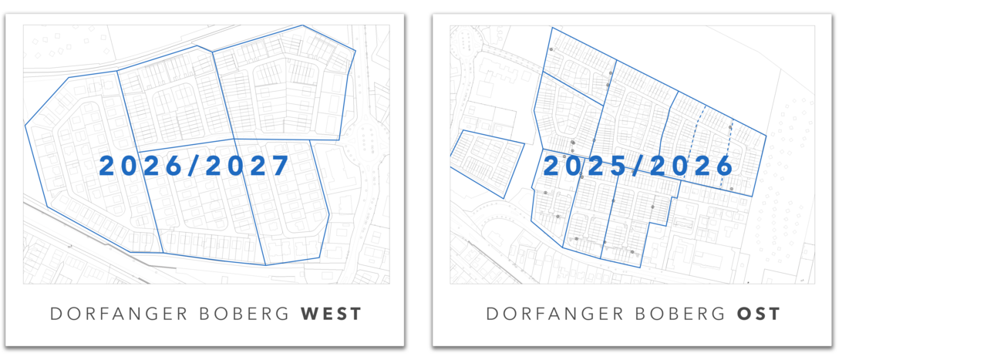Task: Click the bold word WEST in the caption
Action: [x=331, y=314]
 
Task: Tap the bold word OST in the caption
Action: [x=759, y=314]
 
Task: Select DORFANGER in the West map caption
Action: [x=109, y=314]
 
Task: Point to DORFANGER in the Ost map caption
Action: [x=544, y=314]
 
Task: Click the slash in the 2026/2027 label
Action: [x=195, y=167]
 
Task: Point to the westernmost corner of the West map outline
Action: [x=25, y=125]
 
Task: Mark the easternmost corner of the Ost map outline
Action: [x=766, y=136]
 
